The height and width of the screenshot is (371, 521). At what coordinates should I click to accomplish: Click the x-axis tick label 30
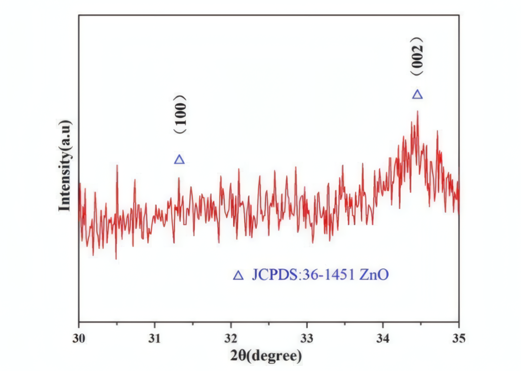point(79,337)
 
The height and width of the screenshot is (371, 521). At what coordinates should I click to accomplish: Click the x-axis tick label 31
point(154,337)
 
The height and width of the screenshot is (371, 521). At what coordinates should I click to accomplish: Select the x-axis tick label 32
point(231,337)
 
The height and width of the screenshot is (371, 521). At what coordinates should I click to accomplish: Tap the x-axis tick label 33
point(307,337)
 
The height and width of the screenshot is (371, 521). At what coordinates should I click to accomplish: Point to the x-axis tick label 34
point(383,337)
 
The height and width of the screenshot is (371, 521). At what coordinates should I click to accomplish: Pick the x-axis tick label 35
point(459,337)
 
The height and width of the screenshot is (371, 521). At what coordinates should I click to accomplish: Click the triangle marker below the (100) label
point(179,160)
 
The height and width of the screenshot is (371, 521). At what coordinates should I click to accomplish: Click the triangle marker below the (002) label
point(417,95)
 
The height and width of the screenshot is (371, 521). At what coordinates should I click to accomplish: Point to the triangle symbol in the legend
point(238,275)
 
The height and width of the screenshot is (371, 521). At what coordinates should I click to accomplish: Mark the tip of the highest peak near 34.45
point(417,112)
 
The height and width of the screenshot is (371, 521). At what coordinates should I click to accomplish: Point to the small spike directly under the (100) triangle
point(179,178)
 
